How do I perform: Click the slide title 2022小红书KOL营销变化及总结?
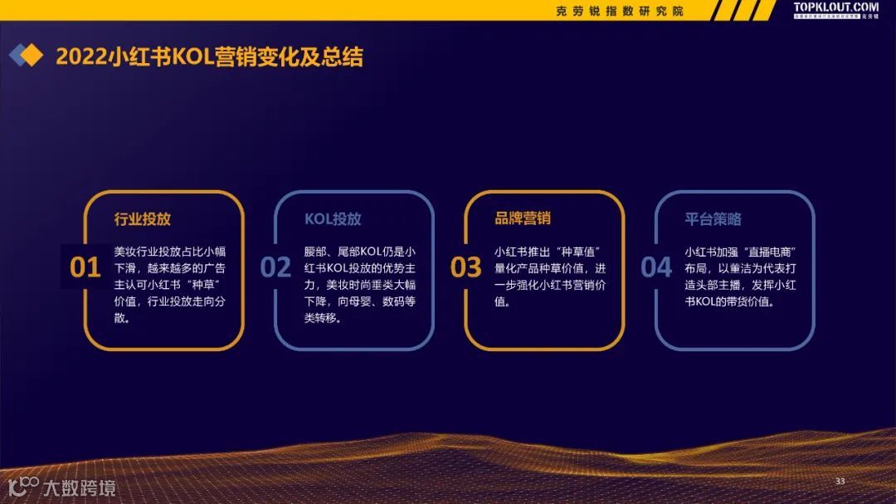point(209,56)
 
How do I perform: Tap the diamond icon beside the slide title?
point(26,56)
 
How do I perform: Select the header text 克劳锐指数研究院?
point(620,11)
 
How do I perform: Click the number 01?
point(85,267)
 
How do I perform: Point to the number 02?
point(275,267)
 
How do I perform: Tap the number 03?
point(466,267)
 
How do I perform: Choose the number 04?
point(656,267)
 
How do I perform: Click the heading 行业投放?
point(142,219)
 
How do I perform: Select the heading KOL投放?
point(333,219)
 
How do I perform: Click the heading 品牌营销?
point(523,218)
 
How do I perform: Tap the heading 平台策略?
point(713,219)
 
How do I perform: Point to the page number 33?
point(840,482)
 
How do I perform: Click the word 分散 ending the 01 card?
point(123,320)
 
